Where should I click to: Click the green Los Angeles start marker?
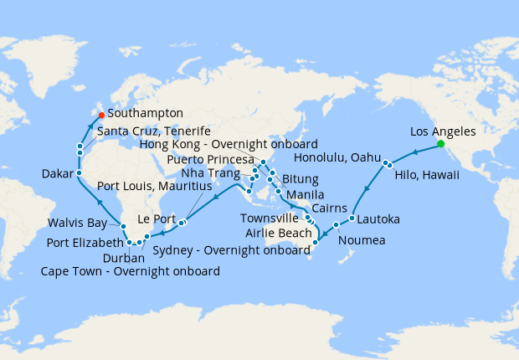tap(440, 144)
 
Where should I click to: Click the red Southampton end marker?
tap(100, 114)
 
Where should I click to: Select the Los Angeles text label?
tap(444, 131)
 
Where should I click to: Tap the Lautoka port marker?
tap(352, 219)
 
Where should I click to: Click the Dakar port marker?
tap(79, 173)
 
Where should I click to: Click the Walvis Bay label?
tap(79, 224)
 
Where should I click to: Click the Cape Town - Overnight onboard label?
tap(131, 271)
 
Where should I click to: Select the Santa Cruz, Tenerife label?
tap(153, 131)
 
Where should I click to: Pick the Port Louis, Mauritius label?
tap(154, 186)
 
